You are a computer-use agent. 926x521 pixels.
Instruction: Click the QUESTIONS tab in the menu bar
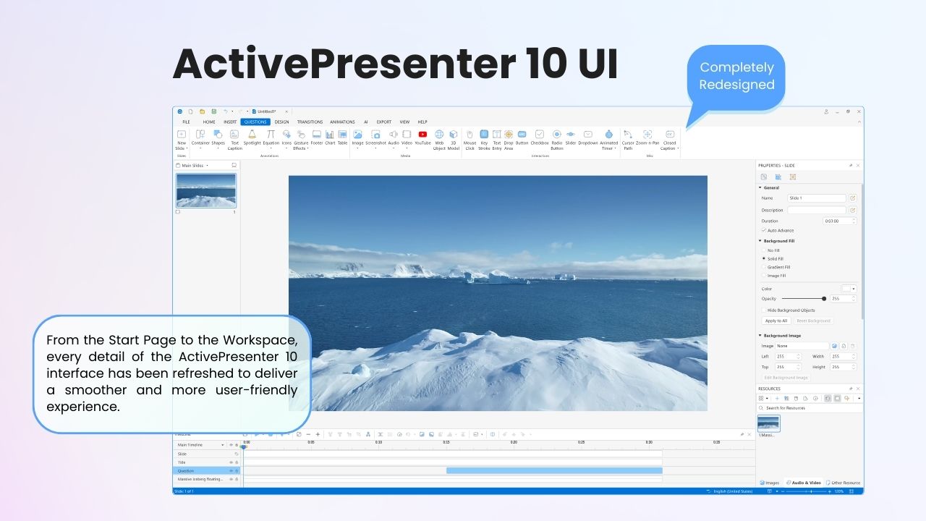255,122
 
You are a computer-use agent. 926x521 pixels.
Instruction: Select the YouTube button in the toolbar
422,135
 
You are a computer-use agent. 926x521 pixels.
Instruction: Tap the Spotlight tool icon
252,135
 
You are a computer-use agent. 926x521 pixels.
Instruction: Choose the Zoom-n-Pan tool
647,135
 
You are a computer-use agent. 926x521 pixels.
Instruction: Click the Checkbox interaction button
540,135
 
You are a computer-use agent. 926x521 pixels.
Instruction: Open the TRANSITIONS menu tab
310,122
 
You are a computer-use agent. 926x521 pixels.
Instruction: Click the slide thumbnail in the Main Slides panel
206,190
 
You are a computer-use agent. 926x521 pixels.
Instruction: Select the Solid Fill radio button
764,258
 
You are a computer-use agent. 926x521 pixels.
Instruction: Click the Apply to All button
776,321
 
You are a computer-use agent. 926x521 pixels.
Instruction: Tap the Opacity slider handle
824,298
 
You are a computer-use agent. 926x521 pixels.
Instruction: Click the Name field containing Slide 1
816,198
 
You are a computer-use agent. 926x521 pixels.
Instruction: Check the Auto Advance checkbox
764,230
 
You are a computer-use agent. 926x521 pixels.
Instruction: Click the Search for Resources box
810,408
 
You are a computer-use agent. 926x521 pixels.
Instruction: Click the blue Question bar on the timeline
553,470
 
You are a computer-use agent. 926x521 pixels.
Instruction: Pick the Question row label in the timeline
187,470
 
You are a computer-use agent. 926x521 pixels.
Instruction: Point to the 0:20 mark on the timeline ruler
514,442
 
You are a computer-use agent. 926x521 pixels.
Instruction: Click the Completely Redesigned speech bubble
736,76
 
